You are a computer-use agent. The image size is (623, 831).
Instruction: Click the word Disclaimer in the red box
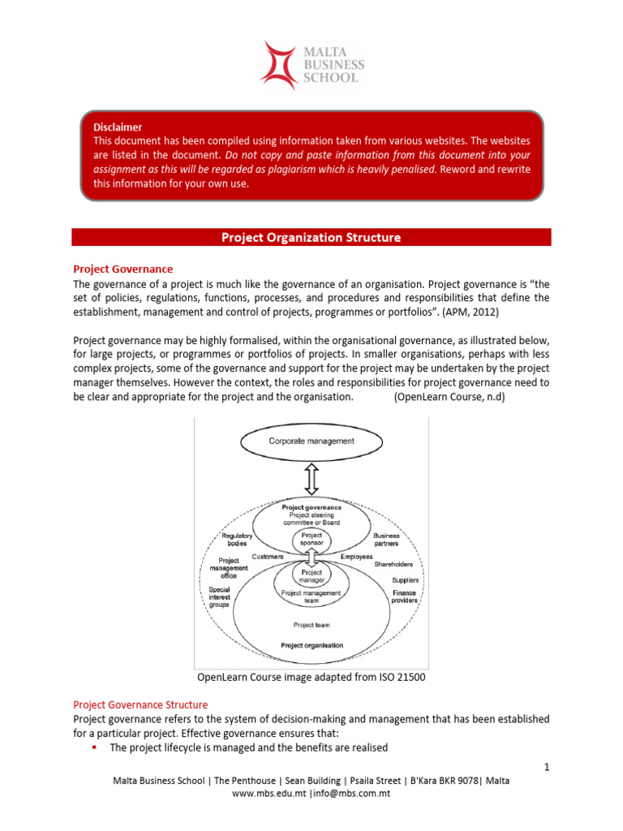(118, 127)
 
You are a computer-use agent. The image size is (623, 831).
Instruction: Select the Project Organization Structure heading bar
(311, 237)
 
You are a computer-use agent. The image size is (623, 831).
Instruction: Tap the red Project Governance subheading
(122, 269)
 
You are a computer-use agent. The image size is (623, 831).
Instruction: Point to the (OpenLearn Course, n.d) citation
(449, 397)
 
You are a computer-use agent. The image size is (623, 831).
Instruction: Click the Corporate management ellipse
(311, 441)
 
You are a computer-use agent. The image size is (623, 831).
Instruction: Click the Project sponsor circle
(311, 540)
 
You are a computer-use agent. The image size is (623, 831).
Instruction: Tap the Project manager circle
(311, 576)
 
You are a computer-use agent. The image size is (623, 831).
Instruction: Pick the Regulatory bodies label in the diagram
(237, 540)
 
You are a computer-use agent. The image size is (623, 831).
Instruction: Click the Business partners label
(386, 540)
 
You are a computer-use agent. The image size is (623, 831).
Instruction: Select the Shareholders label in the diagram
(393, 565)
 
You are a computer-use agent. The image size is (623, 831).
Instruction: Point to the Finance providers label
(405, 597)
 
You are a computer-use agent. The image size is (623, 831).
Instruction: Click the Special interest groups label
(219, 596)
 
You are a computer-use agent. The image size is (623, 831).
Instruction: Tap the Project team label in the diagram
(311, 625)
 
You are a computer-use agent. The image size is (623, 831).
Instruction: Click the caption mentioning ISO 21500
(311, 677)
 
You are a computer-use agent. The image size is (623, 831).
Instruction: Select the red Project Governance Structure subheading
(140, 704)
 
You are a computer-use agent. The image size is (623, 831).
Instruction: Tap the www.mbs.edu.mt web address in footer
(269, 793)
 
